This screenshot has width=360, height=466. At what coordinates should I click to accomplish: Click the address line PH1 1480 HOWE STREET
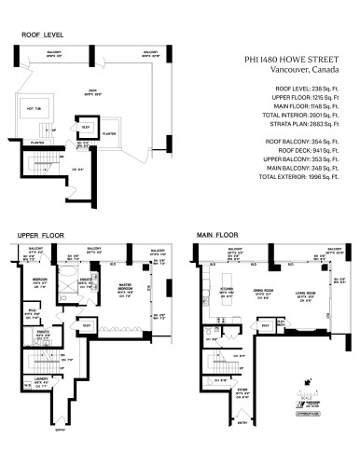pyautogui.click(x=294, y=59)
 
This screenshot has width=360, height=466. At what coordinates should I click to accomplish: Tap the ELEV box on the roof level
pyautogui.click(x=86, y=127)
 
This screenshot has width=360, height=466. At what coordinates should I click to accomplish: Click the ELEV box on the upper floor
pyautogui.click(x=86, y=324)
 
